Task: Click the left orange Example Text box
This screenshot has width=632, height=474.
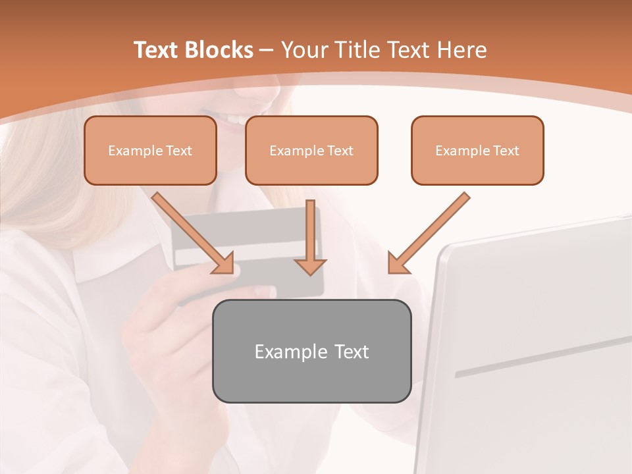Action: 150,151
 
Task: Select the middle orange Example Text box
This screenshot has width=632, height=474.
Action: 311,151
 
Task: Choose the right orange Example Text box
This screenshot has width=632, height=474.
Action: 477,151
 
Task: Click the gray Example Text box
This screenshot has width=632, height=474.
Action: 311,351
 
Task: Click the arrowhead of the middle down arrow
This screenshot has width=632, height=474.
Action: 310,266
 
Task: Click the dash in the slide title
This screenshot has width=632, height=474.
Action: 267,50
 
